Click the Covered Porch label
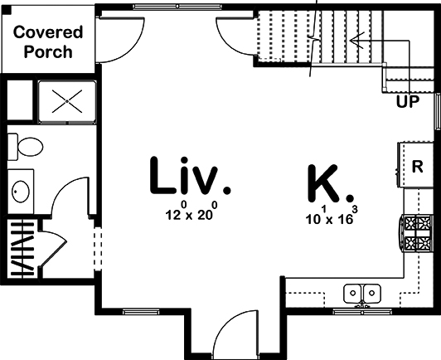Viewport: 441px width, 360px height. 48,42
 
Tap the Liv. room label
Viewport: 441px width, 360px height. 190,176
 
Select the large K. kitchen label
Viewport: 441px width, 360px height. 330,183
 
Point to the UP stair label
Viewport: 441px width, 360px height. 408,101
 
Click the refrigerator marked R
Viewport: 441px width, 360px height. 415,165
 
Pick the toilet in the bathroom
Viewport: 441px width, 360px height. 25,147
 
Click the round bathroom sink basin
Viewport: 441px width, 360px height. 21,191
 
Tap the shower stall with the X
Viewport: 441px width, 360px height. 67,101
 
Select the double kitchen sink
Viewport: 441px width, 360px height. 362,294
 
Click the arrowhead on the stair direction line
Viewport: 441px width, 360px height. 356,41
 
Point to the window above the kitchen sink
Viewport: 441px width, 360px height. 362,312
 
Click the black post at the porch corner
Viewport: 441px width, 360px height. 7,10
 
